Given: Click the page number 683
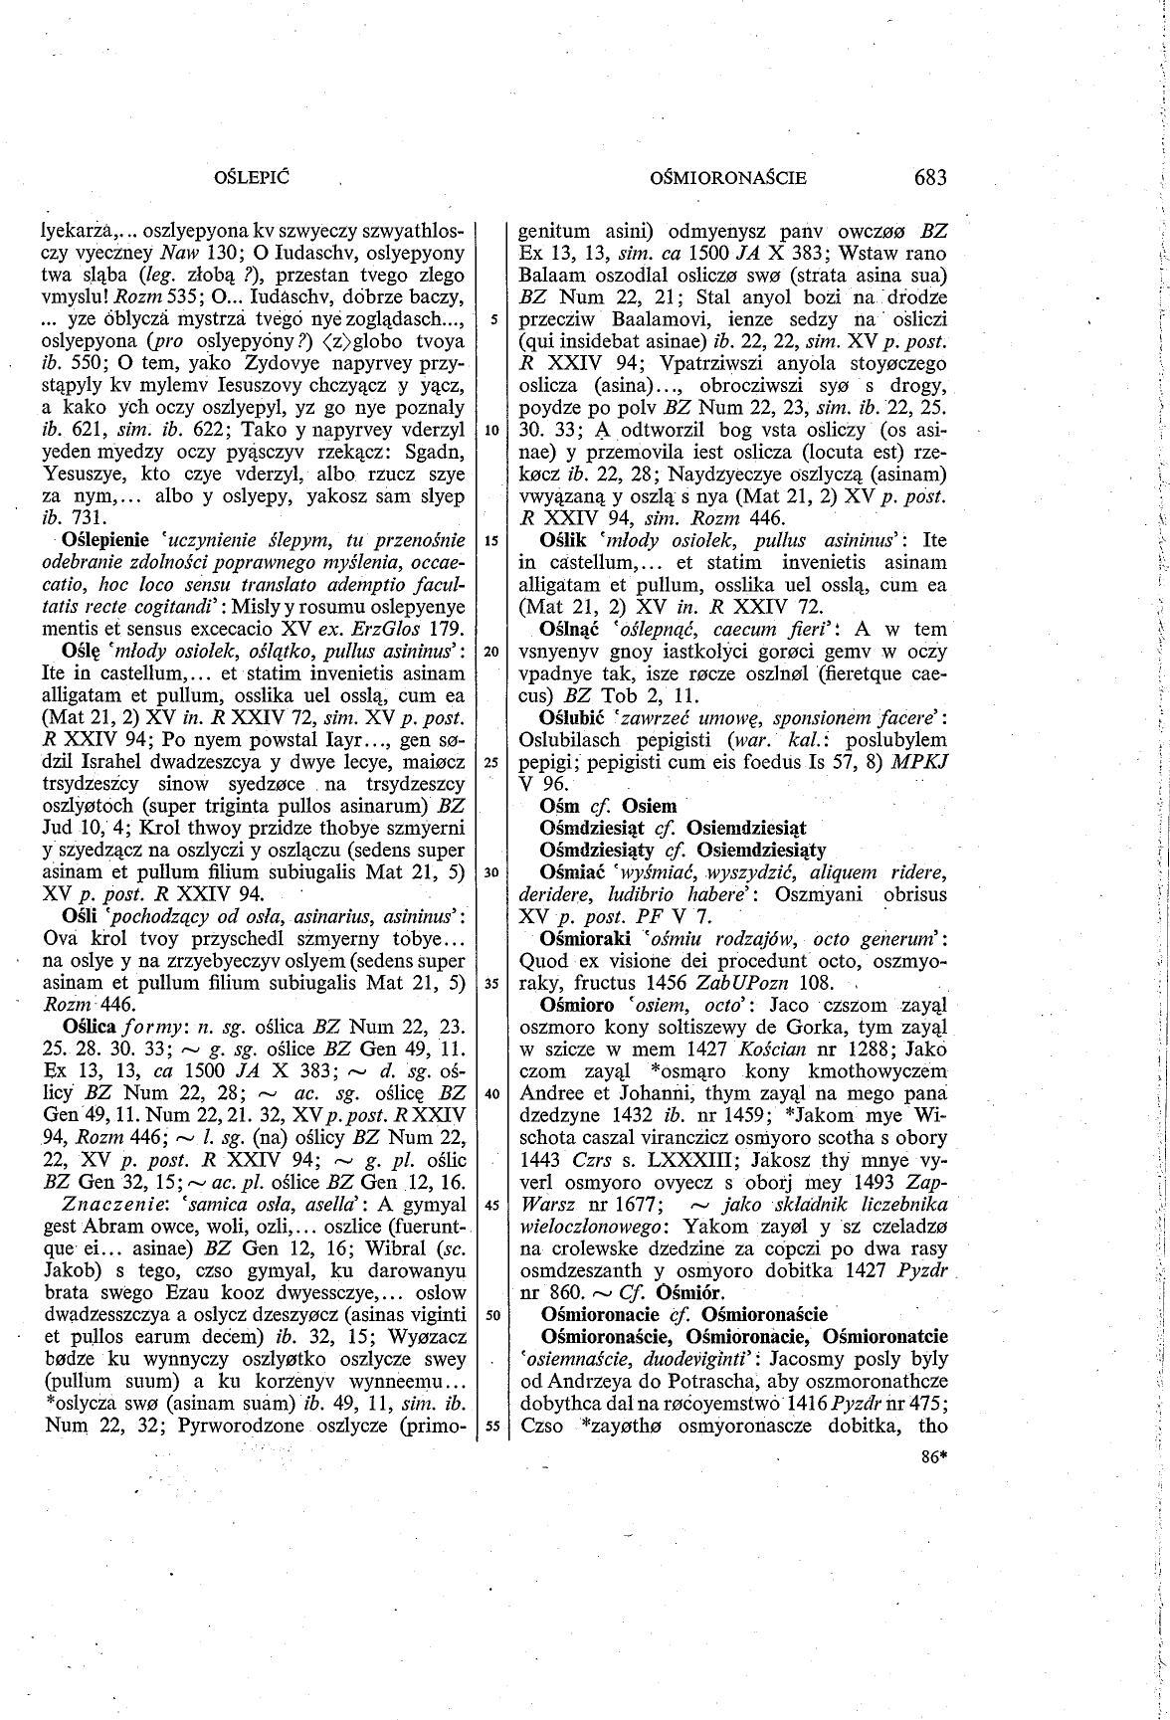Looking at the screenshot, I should point(927,178).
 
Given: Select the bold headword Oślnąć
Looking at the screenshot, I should point(568,629).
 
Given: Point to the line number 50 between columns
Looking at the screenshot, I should point(490,1315).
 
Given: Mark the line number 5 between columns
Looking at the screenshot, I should point(491,320).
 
